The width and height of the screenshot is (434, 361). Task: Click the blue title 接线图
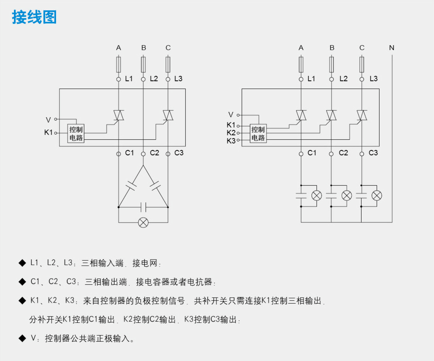pyautogui.click(x=34, y=17)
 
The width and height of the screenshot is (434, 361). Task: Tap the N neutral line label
pyautogui.click(x=391, y=48)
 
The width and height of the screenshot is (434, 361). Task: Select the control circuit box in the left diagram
pyautogui.click(x=76, y=134)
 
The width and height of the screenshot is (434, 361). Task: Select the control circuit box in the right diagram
pyautogui.click(x=258, y=134)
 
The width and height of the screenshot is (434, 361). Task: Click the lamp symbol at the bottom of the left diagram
pyautogui.click(x=143, y=223)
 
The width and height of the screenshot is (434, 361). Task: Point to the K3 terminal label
pyautogui.click(x=231, y=141)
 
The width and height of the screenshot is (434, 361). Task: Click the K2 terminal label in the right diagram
pyautogui.click(x=231, y=133)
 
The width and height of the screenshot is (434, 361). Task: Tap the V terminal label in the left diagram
pyautogui.click(x=48, y=120)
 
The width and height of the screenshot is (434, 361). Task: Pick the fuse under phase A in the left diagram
pyautogui.click(x=118, y=64)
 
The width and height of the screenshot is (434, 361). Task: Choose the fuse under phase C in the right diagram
pyautogui.click(x=362, y=64)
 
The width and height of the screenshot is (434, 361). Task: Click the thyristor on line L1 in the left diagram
pyautogui.click(x=118, y=115)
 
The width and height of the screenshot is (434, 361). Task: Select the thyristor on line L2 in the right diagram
pyautogui.click(x=331, y=115)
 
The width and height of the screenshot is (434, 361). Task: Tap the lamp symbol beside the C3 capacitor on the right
pyautogui.click(x=377, y=195)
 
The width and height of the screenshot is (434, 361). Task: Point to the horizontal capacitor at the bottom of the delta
pyautogui.click(x=143, y=207)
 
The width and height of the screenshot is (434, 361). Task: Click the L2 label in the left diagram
pyautogui.click(x=154, y=79)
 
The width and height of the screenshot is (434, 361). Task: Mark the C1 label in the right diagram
pyautogui.click(x=312, y=153)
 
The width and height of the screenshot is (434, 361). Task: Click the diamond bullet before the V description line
pyautogui.click(x=22, y=338)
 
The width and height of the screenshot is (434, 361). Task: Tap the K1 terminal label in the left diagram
pyautogui.click(x=48, y=132)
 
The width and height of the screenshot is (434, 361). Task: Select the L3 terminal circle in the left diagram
pyautogui.click(x=168, y=79)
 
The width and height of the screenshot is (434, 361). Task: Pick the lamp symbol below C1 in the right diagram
pyautogui.click(x=317, y=195)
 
